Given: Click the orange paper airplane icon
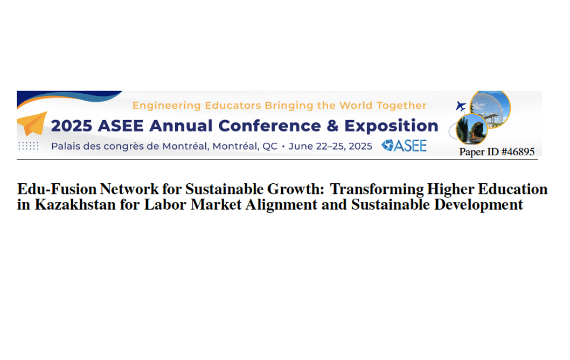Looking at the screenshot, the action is [32, 123].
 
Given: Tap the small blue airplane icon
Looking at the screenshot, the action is [461, 106].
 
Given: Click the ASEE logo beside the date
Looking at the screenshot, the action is [404, 146].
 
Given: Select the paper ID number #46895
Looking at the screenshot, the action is [518, 151].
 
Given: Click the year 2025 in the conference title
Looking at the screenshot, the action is [72, 126].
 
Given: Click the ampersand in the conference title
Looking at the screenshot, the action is [332, 126].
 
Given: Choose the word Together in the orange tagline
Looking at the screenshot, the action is [401, 106].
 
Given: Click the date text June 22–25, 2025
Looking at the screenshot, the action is [330, 146].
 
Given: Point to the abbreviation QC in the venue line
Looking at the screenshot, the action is [270, 146].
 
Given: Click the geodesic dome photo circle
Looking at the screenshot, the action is [490, 108].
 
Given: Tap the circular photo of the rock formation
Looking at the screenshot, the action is [472, 129].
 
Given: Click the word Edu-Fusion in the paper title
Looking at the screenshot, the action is [57, 189].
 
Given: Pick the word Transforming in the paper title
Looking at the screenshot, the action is [377, 190].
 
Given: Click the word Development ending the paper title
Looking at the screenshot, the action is [478, 205].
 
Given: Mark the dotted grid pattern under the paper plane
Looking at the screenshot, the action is [29, 146].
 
